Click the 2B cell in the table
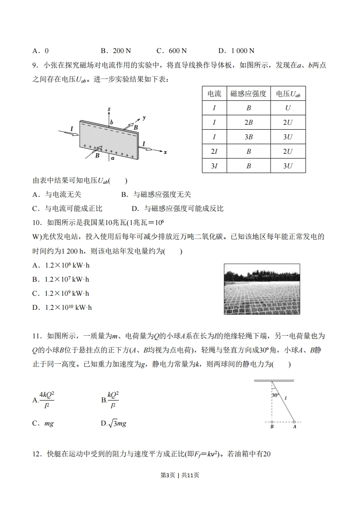click(248, 122)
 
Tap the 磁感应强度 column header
click(248, 94)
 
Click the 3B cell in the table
click(248, 137)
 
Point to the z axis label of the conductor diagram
click(109, 109)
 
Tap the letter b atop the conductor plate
click(112, 122)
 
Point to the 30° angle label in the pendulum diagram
click(276, 395)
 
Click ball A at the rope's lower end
click(295, 421)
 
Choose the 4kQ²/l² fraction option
click(44, 400)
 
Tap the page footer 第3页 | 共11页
click(180, 488)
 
